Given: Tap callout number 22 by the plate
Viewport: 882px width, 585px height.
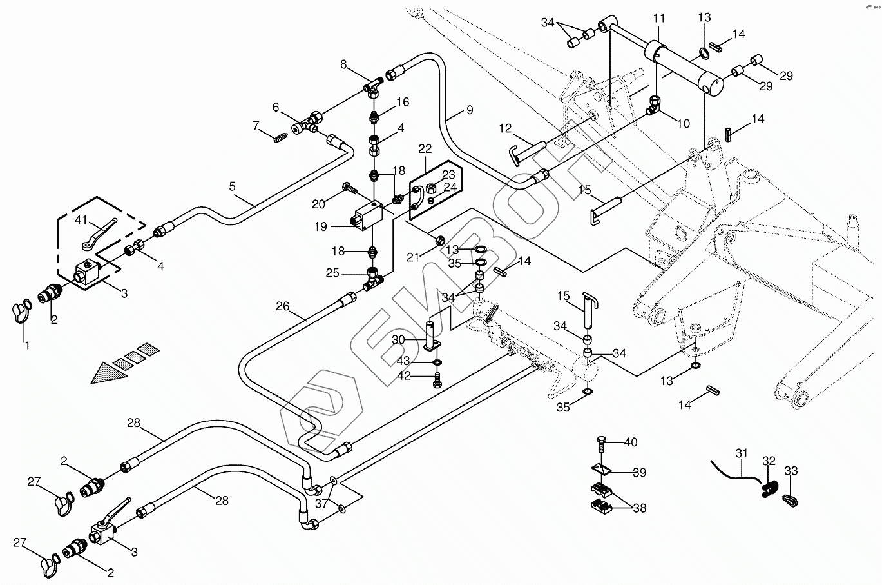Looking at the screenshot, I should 425,148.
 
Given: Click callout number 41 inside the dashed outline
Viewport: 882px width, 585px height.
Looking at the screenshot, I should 81,219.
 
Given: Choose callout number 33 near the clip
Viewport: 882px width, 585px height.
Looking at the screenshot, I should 791,471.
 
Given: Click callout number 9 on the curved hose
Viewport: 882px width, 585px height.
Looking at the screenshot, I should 469,110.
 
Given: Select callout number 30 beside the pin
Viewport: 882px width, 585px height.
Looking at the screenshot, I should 398,339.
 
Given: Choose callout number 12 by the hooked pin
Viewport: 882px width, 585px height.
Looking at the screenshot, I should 504,129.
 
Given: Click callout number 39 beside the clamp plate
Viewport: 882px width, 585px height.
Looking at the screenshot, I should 638,473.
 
